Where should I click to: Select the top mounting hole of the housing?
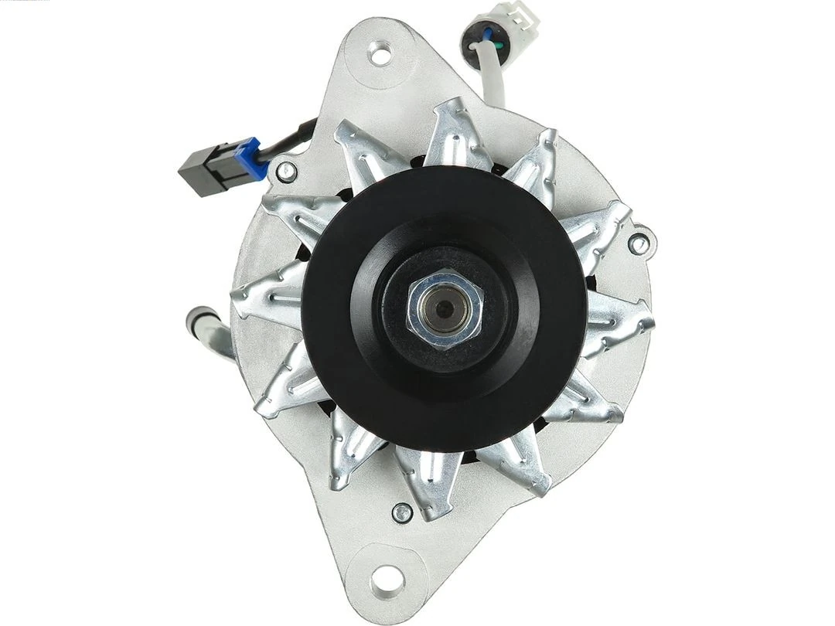pyautogui.click(x=380, y=54)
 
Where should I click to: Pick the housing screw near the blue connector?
pyautogui.click(x=286, y=172)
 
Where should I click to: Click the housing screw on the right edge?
pyautogui.click(x=639, y=244)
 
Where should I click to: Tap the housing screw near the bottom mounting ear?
pyautogui.click(x=402, y=512)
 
